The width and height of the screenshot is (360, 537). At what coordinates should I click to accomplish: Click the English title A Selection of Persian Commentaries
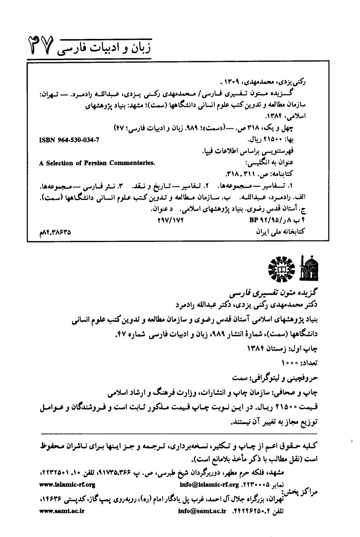pyautogui.click(x=97, y=163)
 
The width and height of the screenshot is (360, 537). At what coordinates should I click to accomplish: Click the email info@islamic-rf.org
pyautogui.click(x=209, y=484)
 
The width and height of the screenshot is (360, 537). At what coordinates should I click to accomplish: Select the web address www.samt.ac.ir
pyautogui.click(x=62, y=511)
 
